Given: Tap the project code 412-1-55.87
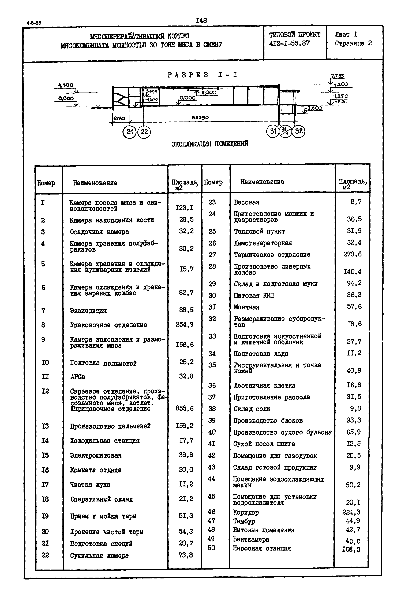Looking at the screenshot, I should pos(289,43).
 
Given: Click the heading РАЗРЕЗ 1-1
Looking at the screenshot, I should pos(202,75).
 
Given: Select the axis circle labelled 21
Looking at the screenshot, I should pos(129,132).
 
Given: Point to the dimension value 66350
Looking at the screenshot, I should pos(200,118).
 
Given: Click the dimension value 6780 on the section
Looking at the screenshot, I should pos(119,118).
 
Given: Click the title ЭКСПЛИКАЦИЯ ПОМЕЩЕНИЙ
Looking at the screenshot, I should pos(210,144).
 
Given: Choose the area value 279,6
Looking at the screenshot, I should pos(353,254).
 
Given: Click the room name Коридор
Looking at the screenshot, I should pos(246,512).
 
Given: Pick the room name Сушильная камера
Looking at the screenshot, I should pos(99,555).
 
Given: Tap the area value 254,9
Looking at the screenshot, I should pos(185,324).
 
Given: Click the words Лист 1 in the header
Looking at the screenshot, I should pos(346,34).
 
